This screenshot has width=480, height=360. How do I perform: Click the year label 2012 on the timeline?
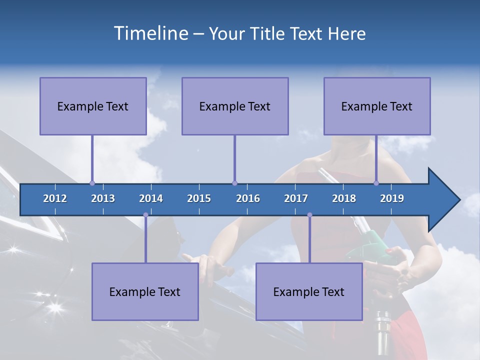[55, 198]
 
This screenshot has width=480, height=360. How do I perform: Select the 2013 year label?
[103, 198]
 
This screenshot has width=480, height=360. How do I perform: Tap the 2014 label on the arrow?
[151, 198]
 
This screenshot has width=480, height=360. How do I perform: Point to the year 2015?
[199, 198]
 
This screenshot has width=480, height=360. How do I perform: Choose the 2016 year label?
[248, 198]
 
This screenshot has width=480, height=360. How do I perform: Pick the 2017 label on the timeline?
[296, 198]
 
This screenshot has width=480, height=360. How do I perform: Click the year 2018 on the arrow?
[344, 198]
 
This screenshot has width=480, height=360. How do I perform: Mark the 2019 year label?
[392, 198]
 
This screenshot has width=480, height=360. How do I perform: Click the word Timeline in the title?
[150, 33]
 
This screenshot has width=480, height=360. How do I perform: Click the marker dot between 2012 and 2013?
[92, 183]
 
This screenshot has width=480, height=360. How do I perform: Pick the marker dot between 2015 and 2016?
[234, 183]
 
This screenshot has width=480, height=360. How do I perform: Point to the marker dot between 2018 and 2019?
[376, 183]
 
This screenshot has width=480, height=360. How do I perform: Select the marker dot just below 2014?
[145, 215]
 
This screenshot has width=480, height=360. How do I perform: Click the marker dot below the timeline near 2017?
[309, 215]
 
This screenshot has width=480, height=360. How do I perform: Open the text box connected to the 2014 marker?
[145, 291]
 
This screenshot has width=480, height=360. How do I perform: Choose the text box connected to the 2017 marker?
[309, 291]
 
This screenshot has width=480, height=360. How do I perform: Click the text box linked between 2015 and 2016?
[235, 106]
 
